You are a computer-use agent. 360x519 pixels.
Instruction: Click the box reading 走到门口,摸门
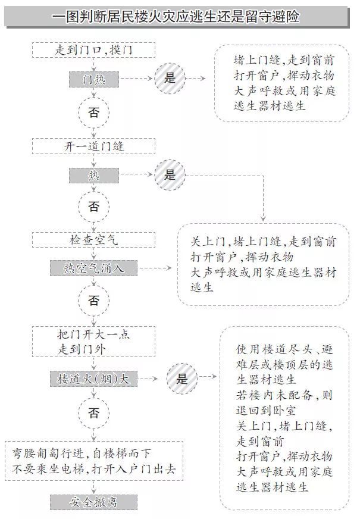tap(93, 50)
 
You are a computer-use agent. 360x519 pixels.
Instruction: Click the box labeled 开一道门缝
tap(93, 146)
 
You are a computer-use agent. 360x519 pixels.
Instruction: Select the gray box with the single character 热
tap(93, 175)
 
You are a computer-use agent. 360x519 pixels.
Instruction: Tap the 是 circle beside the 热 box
tap(170, 174)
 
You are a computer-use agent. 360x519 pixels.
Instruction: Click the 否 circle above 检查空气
tap(93, 207)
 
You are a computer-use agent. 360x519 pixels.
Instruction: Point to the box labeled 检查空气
tap(93, 240)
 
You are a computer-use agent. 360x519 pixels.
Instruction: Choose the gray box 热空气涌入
tap(93, 268)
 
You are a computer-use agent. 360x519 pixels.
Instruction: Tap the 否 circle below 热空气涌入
tap(93, 301)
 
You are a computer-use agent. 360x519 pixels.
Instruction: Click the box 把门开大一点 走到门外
tap(93, 342)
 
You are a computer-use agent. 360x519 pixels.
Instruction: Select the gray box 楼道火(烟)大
tap(93, 379)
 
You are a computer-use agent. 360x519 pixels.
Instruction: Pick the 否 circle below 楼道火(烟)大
tap(93, 412)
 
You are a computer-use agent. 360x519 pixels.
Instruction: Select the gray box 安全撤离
tap(93, 502)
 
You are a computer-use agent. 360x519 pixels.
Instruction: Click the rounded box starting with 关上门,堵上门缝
tap(263, 264)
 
